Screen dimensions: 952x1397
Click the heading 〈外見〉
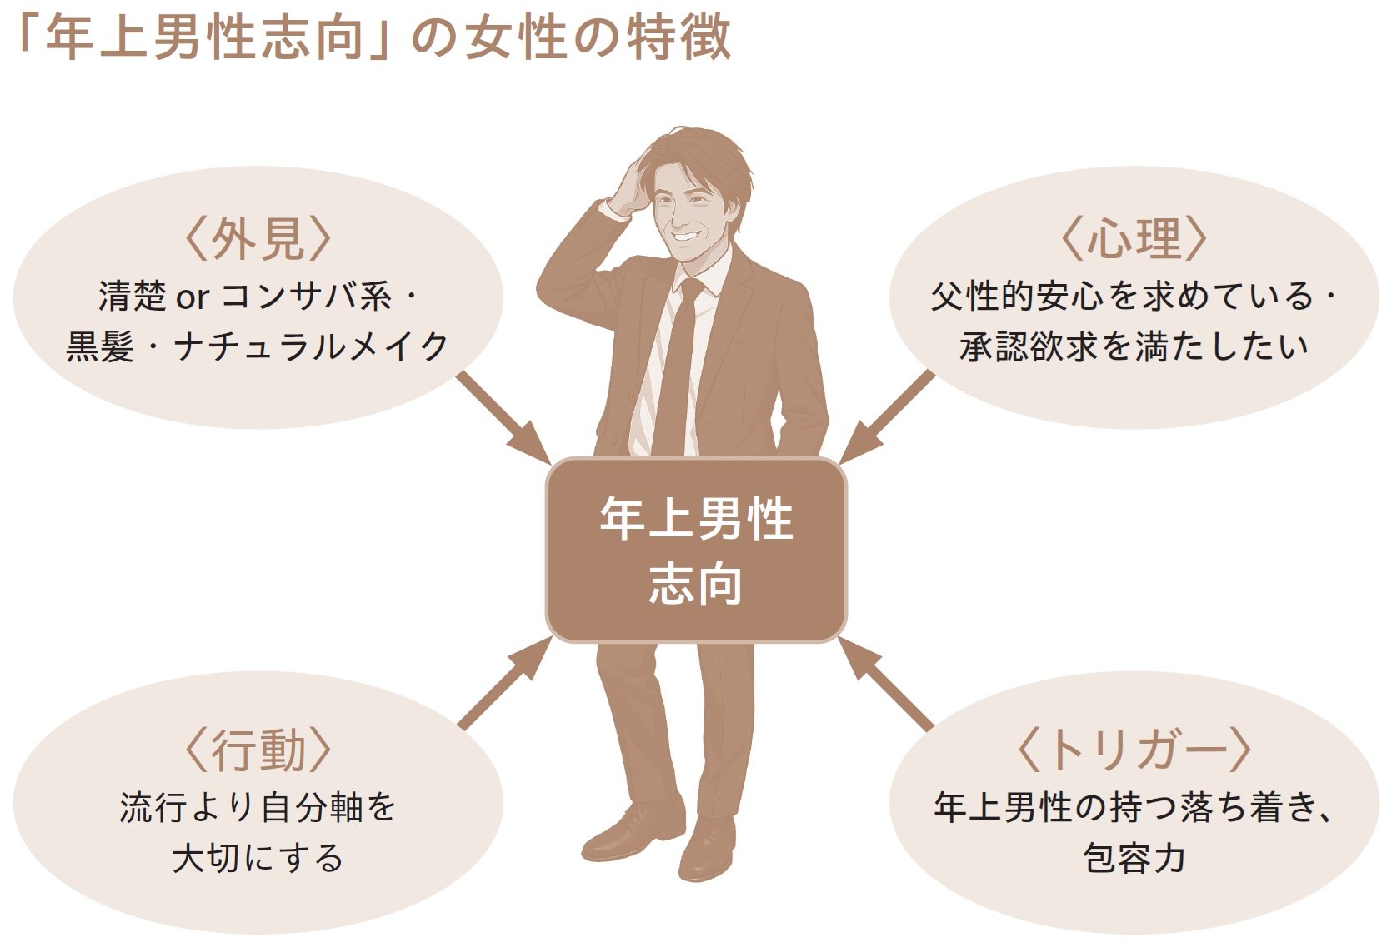pos(258,239)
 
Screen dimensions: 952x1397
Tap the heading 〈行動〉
pos(258,750)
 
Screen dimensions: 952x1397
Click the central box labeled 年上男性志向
pos(696,550)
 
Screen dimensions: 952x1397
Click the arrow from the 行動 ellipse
pos(504,683)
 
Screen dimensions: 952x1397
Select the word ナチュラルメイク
pos(312,346)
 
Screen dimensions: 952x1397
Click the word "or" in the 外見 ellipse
pos(191,297)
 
